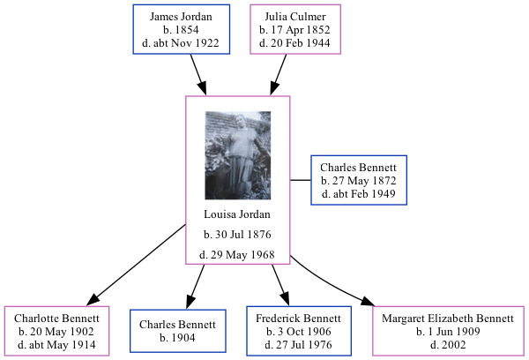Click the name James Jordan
tap(181, 17)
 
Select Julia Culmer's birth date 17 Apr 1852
tap(294, 30)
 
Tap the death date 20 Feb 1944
tap(294, 43)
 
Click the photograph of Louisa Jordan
tap(237, 155)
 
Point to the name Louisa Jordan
tap(237, 214)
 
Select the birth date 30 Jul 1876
tap(237, 235)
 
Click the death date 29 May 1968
tap(237, 255)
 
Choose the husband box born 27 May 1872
tap(358, 180)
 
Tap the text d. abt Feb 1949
tap(358, 194)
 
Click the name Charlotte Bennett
tap(56, 318)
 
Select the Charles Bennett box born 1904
tap(179, 331)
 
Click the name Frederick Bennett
tap(298, 318)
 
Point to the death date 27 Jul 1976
tap(298, 344)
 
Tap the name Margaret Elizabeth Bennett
tap(448, 318)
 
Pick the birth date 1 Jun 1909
tap(448, 332)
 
